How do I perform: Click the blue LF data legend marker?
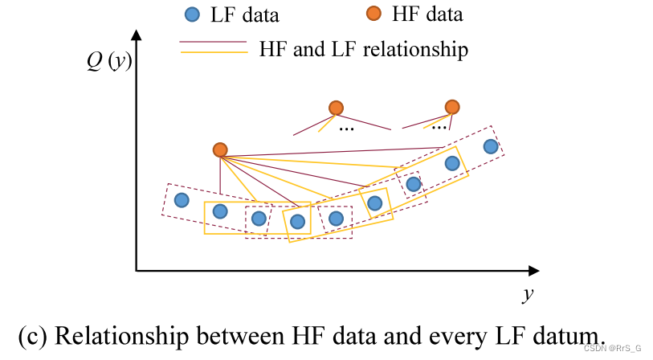(x=191, y=15)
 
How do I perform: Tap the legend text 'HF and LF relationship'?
(x=363, y=49)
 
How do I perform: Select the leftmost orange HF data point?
(x=220, y=150)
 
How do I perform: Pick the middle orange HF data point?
(x=336, y=108)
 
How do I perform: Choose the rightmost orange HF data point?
(x=452, y=107)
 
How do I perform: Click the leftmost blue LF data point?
(x=182, y=200)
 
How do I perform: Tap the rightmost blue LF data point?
(x=491, y=146)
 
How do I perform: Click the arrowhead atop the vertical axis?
(x=137, y=36)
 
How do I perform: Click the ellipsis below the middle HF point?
(x=347, y=129)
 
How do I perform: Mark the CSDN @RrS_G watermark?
(x=612, y=348)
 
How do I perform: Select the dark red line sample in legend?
(x=213, y=41)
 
